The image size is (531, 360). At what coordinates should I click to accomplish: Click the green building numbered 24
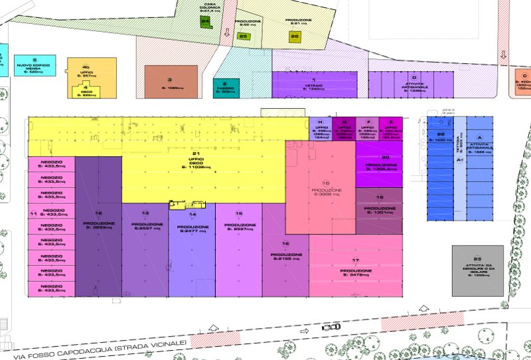(x=205, y=21)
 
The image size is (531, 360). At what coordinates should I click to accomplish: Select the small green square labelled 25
(x=243, y=37)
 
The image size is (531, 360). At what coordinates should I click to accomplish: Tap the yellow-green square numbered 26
(x=295, y=36)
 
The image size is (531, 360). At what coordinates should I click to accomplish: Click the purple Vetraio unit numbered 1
(x=314, y=85)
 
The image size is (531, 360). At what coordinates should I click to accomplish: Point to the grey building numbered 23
(x=477, y=271)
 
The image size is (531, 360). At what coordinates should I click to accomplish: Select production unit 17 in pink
(x=355, y=272)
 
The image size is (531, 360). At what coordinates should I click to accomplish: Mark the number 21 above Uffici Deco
(x=196, y=154)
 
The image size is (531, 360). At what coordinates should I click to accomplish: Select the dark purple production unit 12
(x=98, y=226)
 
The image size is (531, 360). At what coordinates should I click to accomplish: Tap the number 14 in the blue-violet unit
(x=192, y=215)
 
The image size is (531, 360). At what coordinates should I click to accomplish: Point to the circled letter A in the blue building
(x=480, y=137)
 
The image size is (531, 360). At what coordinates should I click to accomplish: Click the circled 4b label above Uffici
(x=86, y=68)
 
